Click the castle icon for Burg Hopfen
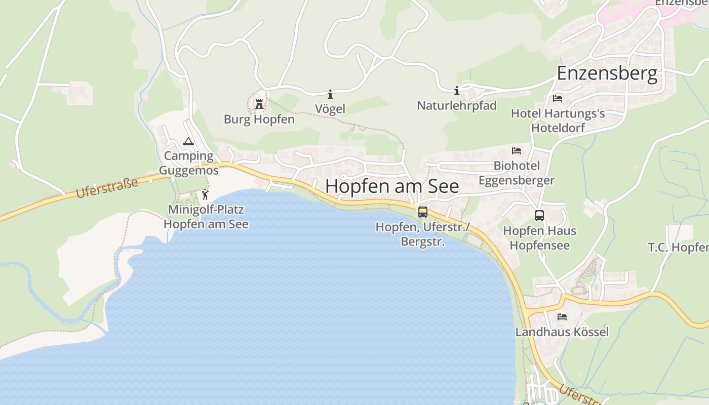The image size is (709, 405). point(259,104)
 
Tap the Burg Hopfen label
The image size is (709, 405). point(259,119)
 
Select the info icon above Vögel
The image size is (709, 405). point(330,94)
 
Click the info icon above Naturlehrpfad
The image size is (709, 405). point(457,91)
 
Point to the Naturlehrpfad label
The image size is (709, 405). point(457,105)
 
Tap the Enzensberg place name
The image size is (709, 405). point(607,73)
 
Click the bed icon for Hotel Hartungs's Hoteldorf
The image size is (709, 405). point(558,98)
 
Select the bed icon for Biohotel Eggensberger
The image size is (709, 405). point(517,151)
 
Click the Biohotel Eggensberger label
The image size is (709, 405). point(517,173)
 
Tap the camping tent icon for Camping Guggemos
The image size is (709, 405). point(188,142)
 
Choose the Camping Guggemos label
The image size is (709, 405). point(189,163)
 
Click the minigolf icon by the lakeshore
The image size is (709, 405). point(205,194)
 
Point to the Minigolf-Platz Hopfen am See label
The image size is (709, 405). point(206,217)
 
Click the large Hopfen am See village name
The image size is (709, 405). point(392,186)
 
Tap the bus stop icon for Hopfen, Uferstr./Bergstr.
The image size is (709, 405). point(423,212)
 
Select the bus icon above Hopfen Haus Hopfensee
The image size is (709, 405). point(539,216)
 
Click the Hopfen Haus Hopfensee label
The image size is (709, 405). point(539,238)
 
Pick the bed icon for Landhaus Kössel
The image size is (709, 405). point(562,317)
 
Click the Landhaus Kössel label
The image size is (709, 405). point(562,332)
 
